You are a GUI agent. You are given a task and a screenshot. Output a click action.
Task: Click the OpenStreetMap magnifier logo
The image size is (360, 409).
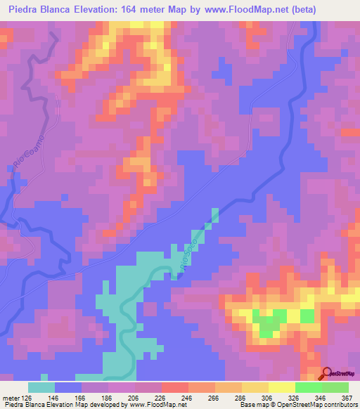click(x=328, y=373)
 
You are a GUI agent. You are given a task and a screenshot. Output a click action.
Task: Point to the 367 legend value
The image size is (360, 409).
click(x=346, y=398)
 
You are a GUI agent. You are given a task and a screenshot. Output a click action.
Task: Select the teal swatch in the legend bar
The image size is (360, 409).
click(x=41, y=387)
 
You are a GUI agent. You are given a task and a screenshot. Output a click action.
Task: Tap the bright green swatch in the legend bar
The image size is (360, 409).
click(x=308, y=387)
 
